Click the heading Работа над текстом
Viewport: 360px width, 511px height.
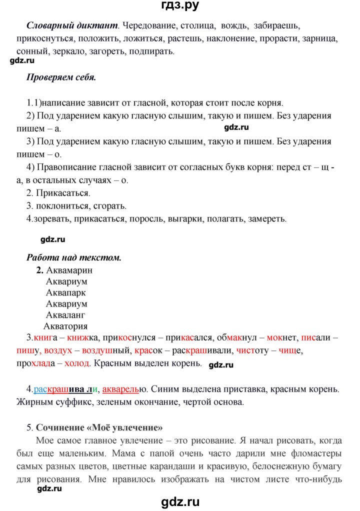(x=73, y=258)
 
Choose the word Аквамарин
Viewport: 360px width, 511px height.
(x=69, y=270)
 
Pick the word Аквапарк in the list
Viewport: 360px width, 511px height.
(x=66, y=292)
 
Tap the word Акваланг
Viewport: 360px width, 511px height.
(x=66, y=315)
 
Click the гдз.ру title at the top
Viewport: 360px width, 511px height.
(x=180, y=6)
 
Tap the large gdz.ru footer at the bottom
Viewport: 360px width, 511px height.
(x=180, y=500)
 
